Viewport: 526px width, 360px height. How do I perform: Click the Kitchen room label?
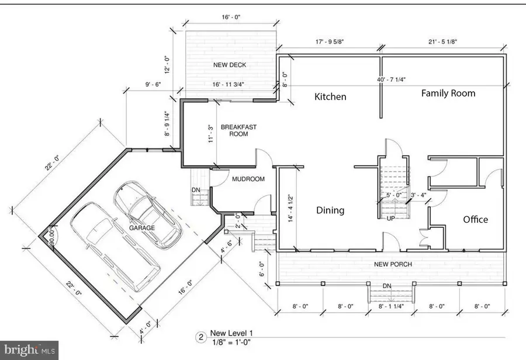pos(331,96)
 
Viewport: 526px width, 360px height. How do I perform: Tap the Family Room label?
pos(448,93)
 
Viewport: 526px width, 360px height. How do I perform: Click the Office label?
pos(475,219)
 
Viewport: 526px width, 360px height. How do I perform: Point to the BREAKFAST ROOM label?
pos(238,130)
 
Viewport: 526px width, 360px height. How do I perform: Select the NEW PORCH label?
pos(393,264)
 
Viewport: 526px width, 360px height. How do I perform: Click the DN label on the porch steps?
pos(386,286)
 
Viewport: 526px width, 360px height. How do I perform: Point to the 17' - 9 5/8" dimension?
pos(329,41)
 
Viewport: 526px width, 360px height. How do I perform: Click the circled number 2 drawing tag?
pos(200,337)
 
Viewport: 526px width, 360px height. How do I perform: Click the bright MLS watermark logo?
pos(29,350)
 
